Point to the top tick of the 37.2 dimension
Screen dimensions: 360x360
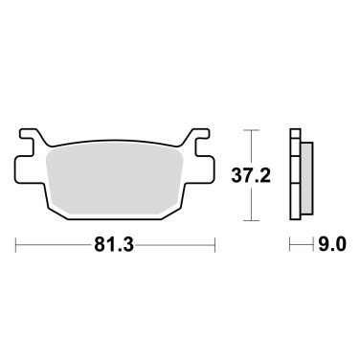click(251, 127)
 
